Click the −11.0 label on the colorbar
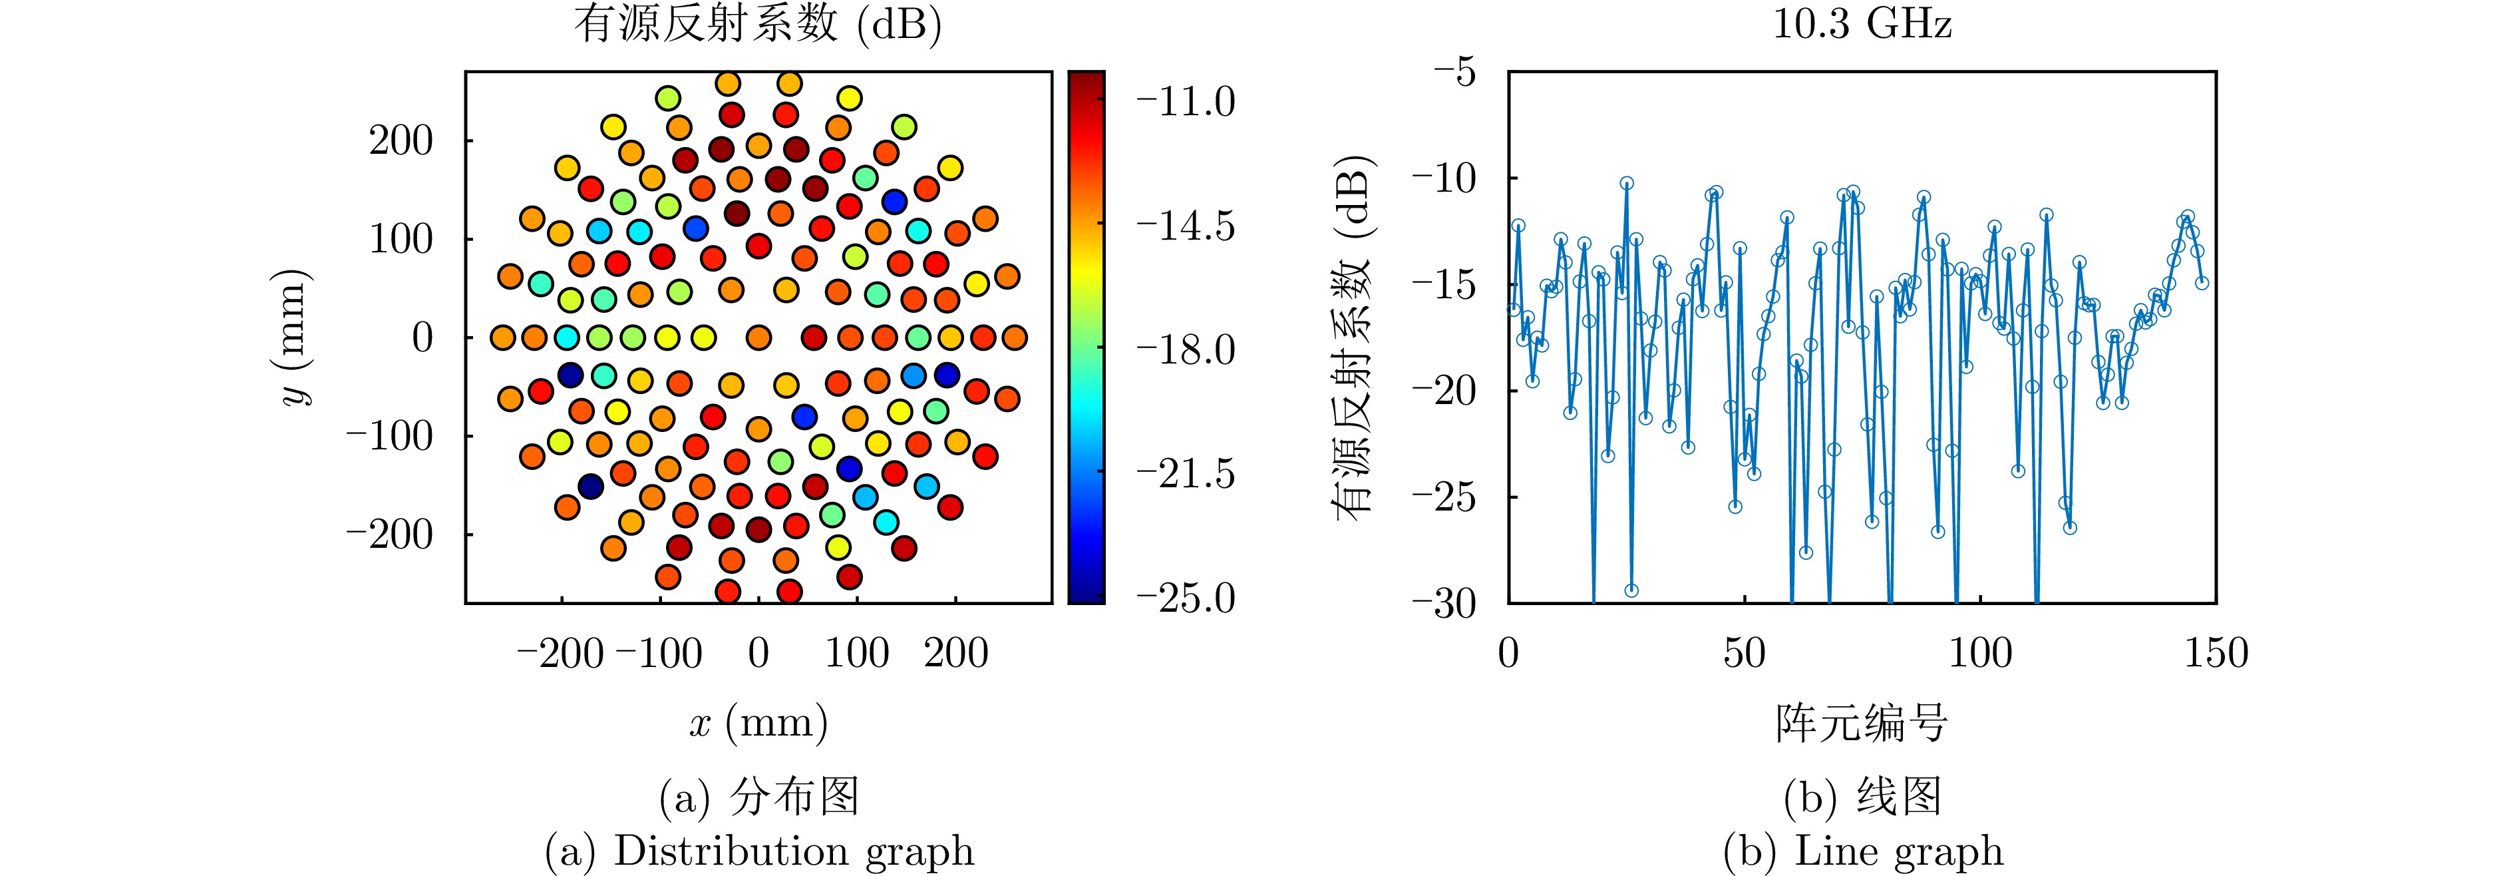coord(1185,102)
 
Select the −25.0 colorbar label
coord(1185,598)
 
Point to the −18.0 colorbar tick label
coord(1185,349)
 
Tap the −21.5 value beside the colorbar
coord(1185,474)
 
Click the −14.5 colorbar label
coord(1185,226)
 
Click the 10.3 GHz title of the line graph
coord(1861,23)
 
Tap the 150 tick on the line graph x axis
coord(2216,652)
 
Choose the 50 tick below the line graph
coord(1745,652)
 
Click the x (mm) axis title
coord(758,724)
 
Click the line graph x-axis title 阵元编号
coord(1861,724)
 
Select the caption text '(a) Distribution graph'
coord(758,851)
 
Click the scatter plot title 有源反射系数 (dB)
coord(758,23)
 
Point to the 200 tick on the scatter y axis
coord(401,140)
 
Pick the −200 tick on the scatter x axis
coord(560,652)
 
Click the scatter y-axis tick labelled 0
coord(422,337)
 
